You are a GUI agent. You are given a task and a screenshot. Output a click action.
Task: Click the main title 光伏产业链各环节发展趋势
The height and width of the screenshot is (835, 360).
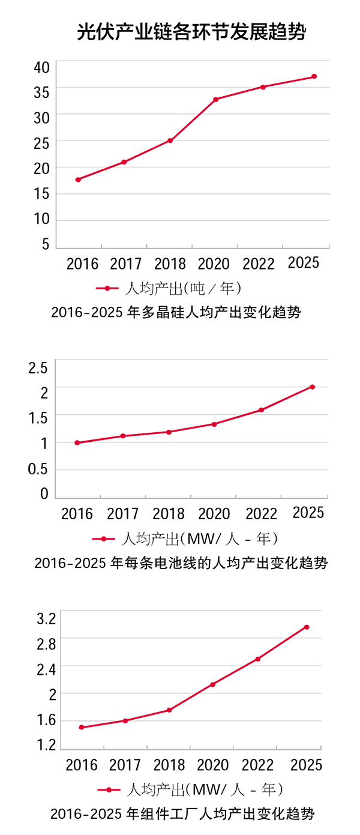[x=191, y=32]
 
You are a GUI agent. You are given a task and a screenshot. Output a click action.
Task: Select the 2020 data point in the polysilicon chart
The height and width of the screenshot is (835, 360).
[x=215, y=99]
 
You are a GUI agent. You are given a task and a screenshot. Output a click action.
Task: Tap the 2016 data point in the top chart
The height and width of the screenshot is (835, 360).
[x=78, y=179]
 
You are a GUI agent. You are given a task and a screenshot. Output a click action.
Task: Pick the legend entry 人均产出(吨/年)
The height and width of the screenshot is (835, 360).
[x=169, y=289]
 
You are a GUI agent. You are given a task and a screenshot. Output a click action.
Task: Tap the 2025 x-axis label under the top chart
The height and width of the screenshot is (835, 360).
[x=304, y=263]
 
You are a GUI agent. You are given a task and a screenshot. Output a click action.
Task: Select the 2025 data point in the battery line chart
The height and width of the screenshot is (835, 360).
[x=312, y=387]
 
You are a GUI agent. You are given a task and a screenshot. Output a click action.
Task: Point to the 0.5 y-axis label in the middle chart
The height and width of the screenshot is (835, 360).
[x=38, y=469]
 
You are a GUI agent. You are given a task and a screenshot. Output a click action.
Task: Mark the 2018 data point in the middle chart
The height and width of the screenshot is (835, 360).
[x=169, y=432]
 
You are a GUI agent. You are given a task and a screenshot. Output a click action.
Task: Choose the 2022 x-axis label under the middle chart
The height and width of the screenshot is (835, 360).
[x=262, y=514]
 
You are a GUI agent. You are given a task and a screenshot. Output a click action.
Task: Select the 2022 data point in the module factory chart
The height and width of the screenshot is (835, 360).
[x=258, y=659]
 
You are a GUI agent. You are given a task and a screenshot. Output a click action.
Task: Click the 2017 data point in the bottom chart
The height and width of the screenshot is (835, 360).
[x=125, y=720]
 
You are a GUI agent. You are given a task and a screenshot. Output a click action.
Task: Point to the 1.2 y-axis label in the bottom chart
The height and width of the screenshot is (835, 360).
[x=46, y=746]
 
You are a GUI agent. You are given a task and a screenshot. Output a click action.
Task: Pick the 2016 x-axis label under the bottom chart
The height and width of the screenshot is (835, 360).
[x=82, y=765]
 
